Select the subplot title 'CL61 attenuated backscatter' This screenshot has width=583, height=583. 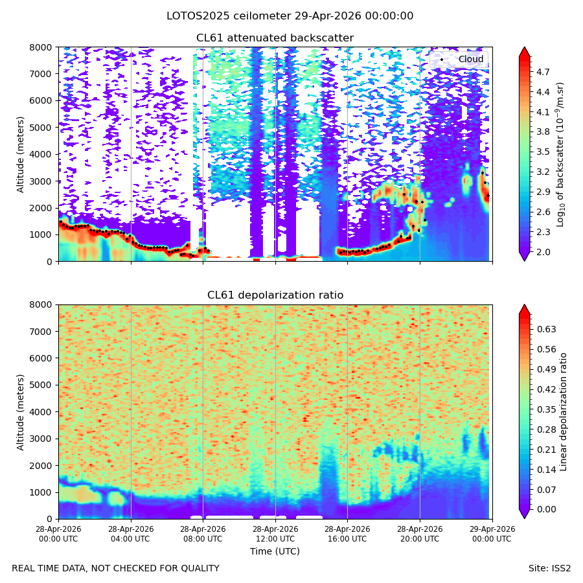[x=275, y=38]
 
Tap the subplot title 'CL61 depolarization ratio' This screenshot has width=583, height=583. [x=275, y=295]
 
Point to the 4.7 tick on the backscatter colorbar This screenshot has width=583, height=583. [x=543, y=72]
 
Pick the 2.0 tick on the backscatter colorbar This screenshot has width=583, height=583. [x=543, y=252]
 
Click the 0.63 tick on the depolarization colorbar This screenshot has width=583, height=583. [x=546, y=329]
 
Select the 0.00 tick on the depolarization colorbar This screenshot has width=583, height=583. [x=546, y=509]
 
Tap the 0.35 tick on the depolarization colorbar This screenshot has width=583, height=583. [x=546, y=409]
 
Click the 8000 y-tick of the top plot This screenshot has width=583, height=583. [x=41, y=47]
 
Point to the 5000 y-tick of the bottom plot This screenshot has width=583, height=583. [x=41, y=385]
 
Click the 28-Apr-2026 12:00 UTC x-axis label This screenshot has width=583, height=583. [x=275, y=534]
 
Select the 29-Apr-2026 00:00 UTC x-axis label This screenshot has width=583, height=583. [x=492, y=534]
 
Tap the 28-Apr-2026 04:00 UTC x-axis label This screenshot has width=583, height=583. [x=130, y=534]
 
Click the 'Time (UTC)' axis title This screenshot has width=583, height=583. [x=275, y=551]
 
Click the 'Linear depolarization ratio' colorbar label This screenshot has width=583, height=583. [x=563, y=412]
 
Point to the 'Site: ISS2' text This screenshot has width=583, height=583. [x=549, y=569]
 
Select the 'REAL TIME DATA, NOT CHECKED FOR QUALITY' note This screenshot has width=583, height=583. [x=116, y=569]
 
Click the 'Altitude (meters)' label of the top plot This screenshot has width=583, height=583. [x=20, y=155]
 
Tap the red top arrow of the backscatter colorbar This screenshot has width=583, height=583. [x=524, y=52]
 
